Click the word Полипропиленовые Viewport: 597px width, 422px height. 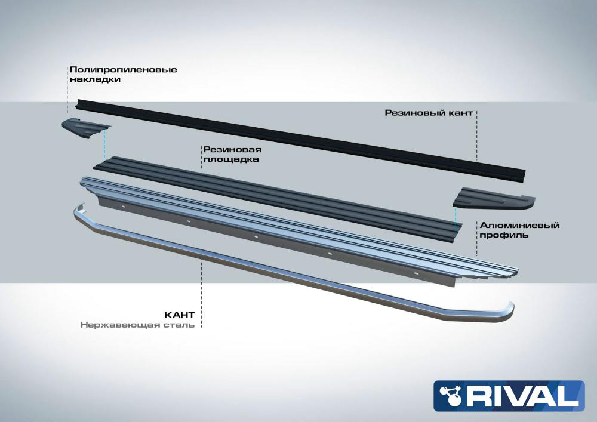tap(124, 70)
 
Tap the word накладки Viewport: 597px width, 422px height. tap(95, 79)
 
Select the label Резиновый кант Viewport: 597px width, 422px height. tap(429, 113)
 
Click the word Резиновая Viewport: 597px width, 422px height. tap(232, 150)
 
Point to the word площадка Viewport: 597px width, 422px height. tap(231, 159)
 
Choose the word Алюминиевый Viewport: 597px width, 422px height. tap(520, 225)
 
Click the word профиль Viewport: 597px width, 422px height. tap(504, 235)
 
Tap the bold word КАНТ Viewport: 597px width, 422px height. tap(179, 315)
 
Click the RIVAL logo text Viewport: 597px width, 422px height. tap(520, 396)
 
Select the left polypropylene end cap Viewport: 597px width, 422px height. tap(85, 128)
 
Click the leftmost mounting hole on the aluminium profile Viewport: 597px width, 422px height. tap(124, 207)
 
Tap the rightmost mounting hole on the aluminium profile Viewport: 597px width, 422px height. tap(417, 273)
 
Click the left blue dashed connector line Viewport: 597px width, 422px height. tap(103, 144)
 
